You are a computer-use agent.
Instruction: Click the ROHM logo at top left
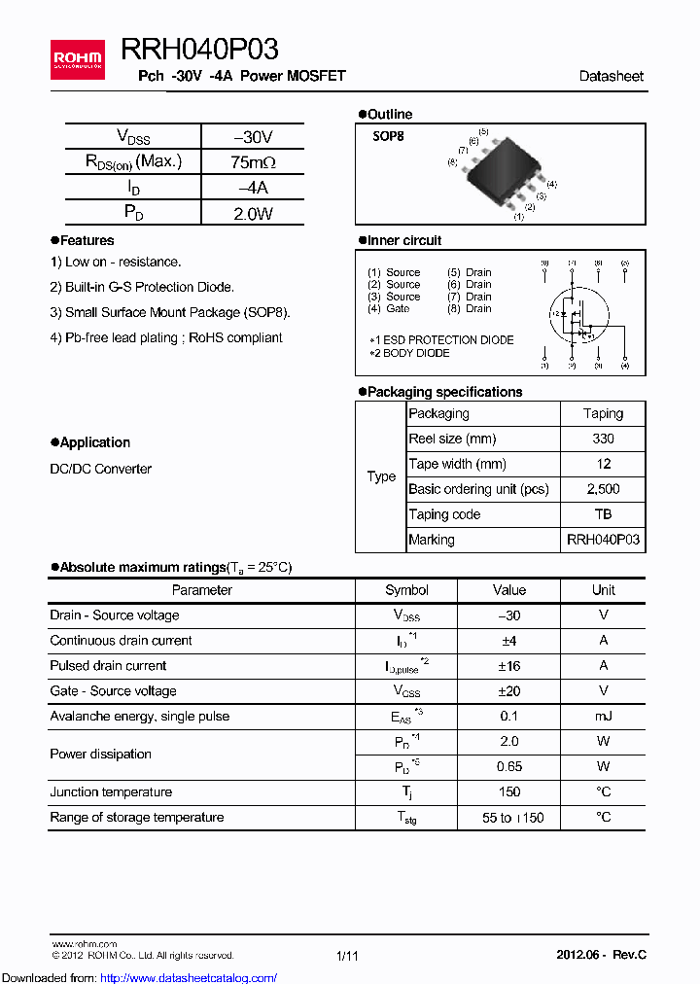pos(77,59)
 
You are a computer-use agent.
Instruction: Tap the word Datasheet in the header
pos(611,76)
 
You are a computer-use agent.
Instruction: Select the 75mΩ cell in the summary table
pos(253,162)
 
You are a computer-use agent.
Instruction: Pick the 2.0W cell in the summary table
pos(253,213)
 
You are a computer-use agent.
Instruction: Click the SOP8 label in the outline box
pos(388,137)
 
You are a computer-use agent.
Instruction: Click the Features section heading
pos(87,240)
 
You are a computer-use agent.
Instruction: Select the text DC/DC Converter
pos(100,469)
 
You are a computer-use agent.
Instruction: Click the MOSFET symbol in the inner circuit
pos(578,315)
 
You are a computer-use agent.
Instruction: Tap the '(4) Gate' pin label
pos(389,308)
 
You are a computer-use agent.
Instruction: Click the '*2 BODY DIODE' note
pos(409,353)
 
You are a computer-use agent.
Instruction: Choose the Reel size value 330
pos(603,439)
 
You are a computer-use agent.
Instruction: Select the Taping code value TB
pos(603,514)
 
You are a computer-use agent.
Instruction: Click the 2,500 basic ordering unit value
pos(603,489)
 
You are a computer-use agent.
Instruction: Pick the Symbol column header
pos(406,590)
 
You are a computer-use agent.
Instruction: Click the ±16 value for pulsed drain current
pos(508,666)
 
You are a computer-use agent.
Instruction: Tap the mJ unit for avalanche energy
pos(603,717)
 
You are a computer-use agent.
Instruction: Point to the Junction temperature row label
pos(111,792)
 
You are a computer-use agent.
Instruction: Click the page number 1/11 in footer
pos(347,956)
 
